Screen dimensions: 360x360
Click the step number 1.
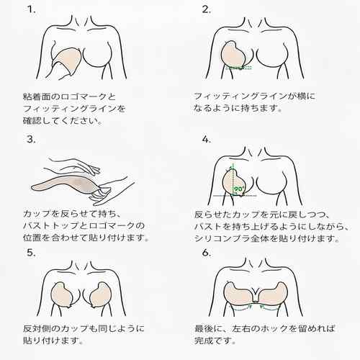[x=32, y=9]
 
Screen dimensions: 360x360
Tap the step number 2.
[x=206, y=9]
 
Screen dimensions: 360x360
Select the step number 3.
[x=31, y=139]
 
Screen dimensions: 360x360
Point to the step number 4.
[x=206, y=140]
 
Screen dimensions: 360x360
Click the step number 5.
[x=31, y=253]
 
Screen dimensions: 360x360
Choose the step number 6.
[x=207, y=253]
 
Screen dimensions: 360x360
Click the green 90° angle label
[x=239, y=189]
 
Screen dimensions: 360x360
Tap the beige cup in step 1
[x=67, y=60]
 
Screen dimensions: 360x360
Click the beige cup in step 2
[x=233, y=55]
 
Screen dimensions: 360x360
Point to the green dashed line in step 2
[x=239, y=68]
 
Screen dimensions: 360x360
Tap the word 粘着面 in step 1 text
[x=37, y=96]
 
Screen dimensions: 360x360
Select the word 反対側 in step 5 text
[x=37, y=328]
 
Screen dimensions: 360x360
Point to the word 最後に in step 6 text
[x=208, y=328]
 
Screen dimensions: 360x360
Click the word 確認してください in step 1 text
[x=61, y=121]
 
